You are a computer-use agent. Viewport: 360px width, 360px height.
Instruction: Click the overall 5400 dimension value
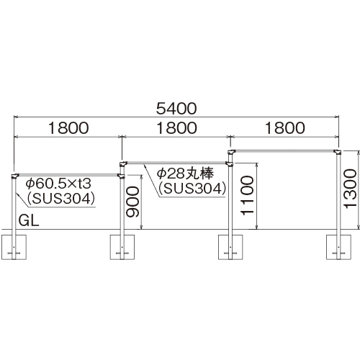[x=176, y=109]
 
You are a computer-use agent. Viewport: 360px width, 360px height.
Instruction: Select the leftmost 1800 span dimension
[x=68, y=128]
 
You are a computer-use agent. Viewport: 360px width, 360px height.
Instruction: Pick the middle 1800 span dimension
[x=176, y=128]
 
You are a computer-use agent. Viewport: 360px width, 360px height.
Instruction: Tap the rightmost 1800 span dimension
[x=285, y=128]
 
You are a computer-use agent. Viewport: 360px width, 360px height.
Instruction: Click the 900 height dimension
[x=133, y=202]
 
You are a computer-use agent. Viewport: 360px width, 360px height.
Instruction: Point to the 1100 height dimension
[x=247, y=196]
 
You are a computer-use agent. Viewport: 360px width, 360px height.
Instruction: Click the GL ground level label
[x=29, y=220]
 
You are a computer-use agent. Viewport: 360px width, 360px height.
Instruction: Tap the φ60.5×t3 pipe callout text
[x=59, y=184]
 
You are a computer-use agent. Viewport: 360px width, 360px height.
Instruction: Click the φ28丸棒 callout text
[x=185, y=173]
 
